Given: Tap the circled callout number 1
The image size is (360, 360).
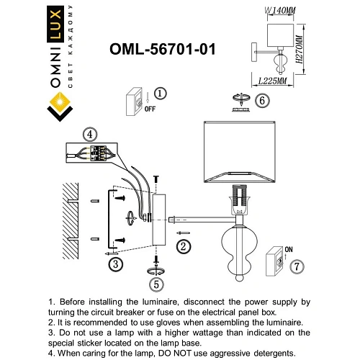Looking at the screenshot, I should (160, 94).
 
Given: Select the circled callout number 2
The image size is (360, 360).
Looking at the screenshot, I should (184, 247).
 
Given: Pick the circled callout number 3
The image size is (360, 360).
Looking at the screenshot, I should (114, 264).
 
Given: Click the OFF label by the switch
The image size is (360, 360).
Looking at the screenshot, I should (150, 109).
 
